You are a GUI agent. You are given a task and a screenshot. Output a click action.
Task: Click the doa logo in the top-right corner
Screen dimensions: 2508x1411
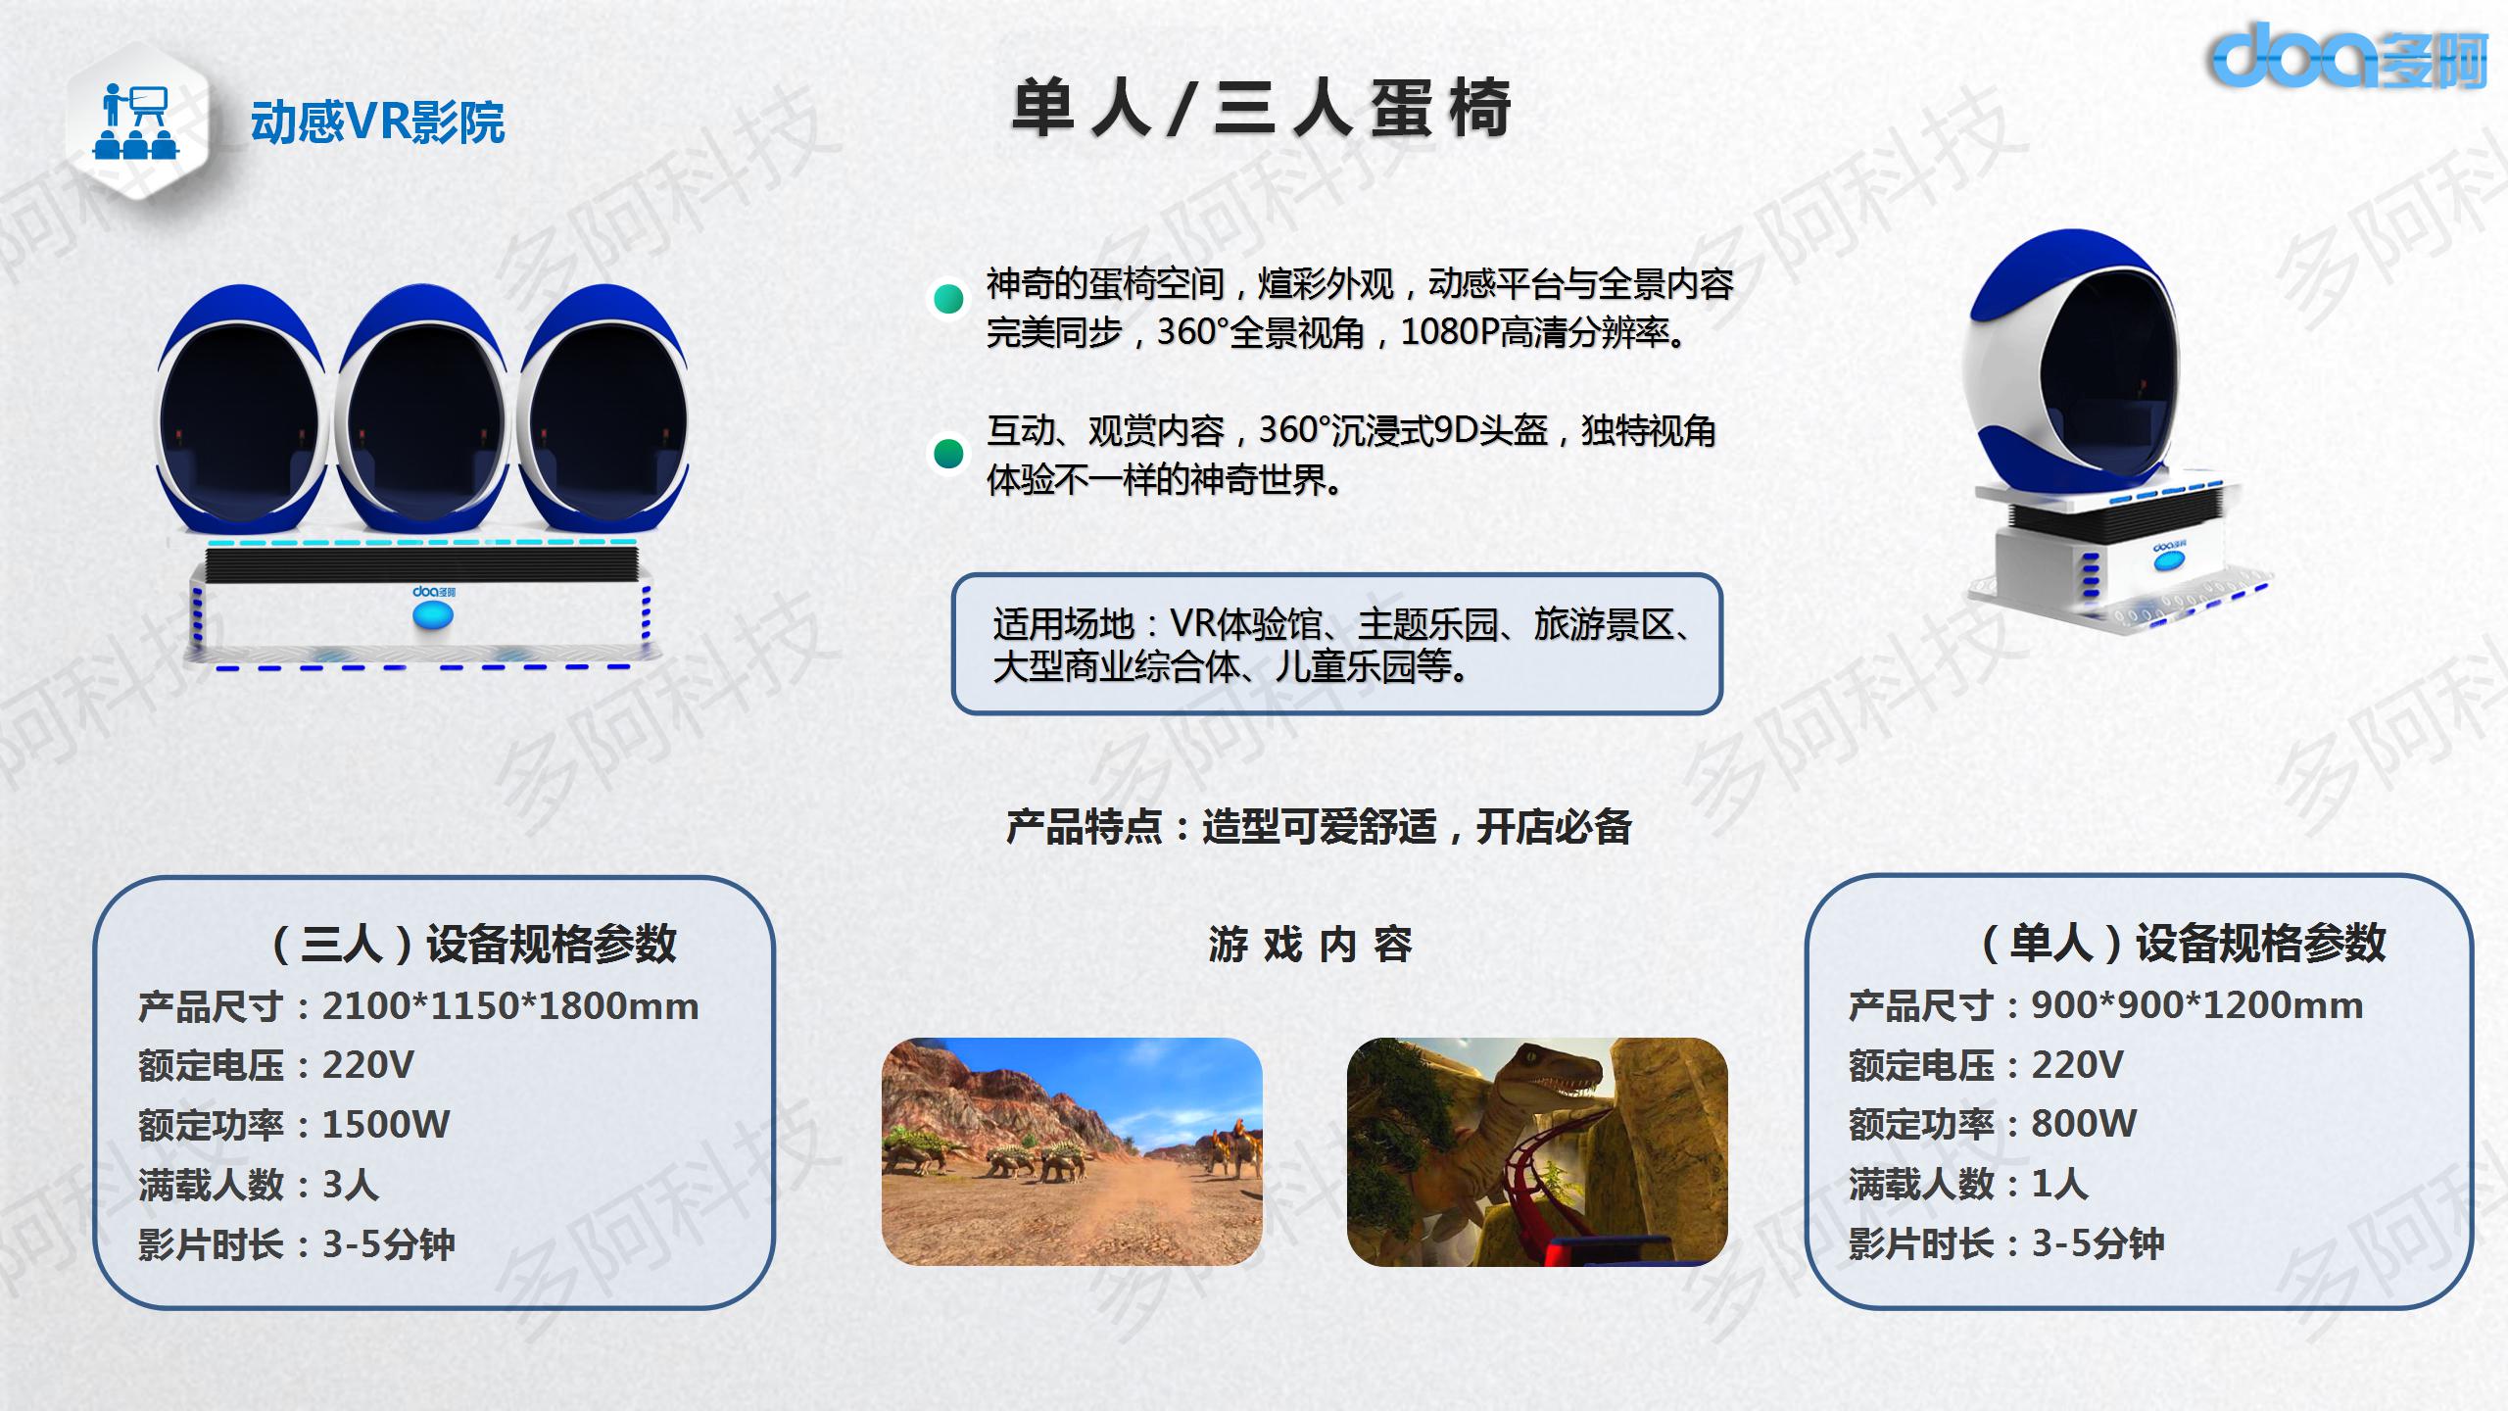[2346, 55]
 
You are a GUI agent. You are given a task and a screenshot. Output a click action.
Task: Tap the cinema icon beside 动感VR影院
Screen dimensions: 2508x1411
[137, 122]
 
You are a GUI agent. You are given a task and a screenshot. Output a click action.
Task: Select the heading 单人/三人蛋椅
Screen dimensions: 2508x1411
[1262, 108]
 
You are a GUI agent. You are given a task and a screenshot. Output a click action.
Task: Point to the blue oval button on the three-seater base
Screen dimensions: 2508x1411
[433, 615]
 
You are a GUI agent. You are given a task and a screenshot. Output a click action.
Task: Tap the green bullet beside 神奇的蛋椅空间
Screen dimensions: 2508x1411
[948, 298]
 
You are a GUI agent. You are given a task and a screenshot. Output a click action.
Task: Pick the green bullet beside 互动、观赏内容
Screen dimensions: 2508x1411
[948, 453]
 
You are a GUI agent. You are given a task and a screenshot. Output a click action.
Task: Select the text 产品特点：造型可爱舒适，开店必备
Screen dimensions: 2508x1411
[1319, 827]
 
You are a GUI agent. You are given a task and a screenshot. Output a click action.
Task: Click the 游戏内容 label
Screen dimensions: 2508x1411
[1310, 945]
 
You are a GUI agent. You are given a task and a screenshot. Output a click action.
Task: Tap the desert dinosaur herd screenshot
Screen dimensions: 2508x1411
[1072, 1151]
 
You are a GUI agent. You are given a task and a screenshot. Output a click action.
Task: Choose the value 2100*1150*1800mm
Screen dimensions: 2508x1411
[510, 1006]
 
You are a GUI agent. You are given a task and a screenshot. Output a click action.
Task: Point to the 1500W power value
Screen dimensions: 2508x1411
[386, 1125]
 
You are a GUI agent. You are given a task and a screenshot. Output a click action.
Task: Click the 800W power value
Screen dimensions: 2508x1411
[2084, 1124]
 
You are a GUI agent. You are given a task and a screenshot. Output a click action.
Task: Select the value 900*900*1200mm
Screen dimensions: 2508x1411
[2197, 1005]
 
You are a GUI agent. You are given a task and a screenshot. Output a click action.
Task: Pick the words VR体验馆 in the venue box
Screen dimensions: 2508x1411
[1246, 624]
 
